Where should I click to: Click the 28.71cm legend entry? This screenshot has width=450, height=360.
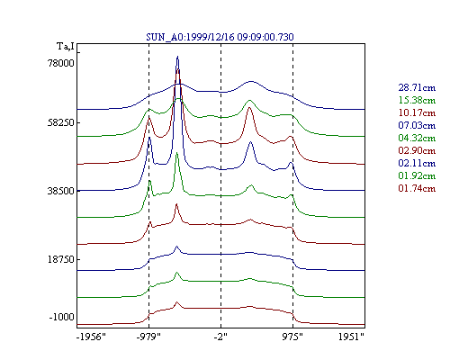click(x=417, y=87)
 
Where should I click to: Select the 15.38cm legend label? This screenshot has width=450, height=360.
click(x=417, y=100)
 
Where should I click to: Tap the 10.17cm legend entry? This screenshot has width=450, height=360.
click(x=417, y=112)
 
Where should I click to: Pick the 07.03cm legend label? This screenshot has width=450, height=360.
click(x=417, y=125)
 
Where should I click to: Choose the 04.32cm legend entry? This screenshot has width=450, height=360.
click(x=417, y=138)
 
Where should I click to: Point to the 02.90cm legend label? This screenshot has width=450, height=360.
click(x=417, y=150)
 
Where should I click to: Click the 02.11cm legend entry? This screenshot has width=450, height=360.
click(x=417, y=163)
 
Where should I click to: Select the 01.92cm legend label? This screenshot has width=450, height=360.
click(x=417, y=175)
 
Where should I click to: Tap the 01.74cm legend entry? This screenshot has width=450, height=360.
click(x=417, y=188)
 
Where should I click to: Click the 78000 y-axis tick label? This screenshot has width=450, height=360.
click(x=60, y=63)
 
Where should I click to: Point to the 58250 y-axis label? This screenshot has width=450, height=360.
click(x=60, y=122)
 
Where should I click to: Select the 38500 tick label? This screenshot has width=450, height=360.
click(x=60, y=191)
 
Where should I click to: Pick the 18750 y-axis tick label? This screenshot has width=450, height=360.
click(x=60, y=259)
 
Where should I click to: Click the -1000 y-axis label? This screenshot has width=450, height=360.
click(x=61, y=317)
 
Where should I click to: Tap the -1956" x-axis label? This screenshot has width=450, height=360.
click(x=91, y=337)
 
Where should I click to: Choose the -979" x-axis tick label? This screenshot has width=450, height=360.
click(x=148, y=337)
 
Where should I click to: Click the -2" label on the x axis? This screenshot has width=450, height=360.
click(x=220, y=337)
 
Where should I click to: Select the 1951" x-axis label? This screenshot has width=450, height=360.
click(x=351, y=337)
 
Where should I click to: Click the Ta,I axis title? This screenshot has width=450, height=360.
click(x=66, y=47)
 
